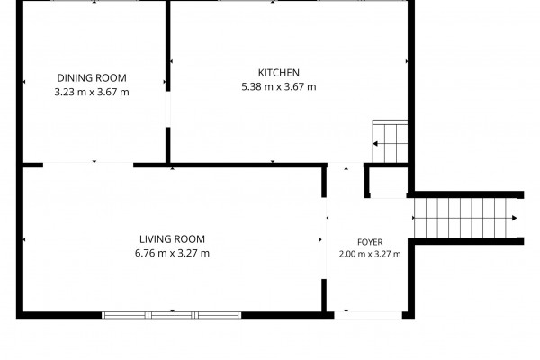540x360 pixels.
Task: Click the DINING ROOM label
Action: [92, 78]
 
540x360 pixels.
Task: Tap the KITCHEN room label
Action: [279, 73]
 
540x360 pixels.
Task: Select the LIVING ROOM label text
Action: [172, 239]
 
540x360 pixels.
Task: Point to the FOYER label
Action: [370, 242]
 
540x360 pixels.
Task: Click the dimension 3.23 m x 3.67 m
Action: [92, 93]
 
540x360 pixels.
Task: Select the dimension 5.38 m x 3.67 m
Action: [279, 86]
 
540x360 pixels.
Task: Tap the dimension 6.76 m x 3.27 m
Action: [172, 253]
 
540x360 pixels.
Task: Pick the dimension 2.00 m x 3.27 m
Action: [370, 254]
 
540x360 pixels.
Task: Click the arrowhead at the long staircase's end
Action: [515, 218]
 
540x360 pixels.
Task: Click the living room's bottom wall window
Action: [172, 315]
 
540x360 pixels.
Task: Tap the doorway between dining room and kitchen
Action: [168, 110]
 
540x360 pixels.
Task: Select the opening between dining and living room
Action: [88, 165]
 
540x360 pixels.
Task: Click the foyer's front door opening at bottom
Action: [368, 315]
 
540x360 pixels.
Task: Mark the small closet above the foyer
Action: [388, 181]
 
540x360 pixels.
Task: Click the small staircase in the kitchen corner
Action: [390, 141]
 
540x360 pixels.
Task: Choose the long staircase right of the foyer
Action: [465, 218]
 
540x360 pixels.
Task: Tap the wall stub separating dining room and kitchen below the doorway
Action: [168, 145]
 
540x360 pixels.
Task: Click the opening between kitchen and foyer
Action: [346, 165]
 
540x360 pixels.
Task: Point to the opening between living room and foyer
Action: [324, 238]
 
